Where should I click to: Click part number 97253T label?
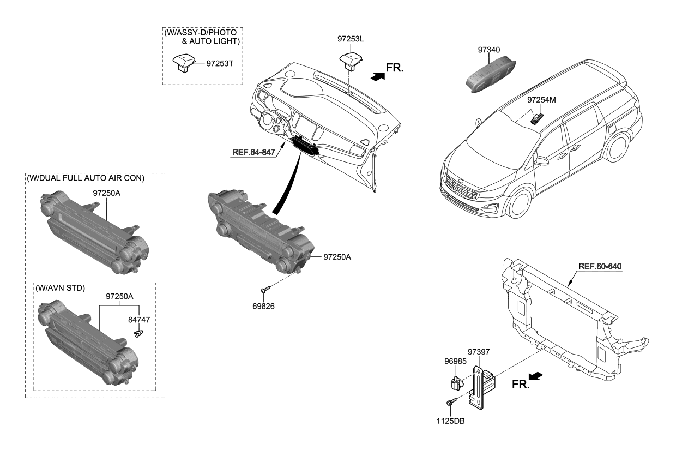[x=220, y=63]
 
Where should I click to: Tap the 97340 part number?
[x=488, y=50]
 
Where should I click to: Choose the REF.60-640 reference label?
[x=600, y=266]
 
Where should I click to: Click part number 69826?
[x=263, y=307]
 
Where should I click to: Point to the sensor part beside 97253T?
[x=183, y=62]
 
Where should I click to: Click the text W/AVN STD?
[x=61, y=287]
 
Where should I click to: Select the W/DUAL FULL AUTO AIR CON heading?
[x=86, y=178]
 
